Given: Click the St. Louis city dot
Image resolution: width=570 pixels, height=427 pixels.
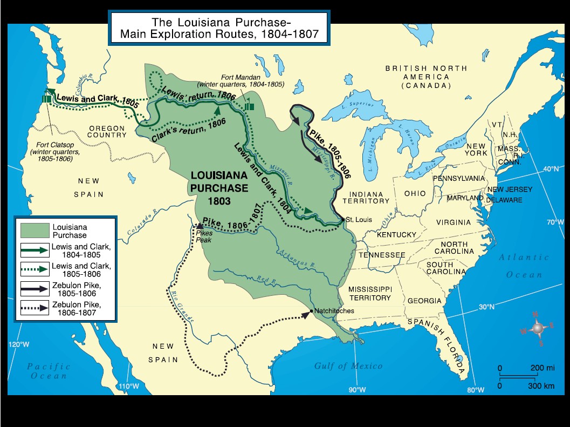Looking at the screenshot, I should [343, 220].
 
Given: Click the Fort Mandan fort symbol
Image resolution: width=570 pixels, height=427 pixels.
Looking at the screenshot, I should [249, 106].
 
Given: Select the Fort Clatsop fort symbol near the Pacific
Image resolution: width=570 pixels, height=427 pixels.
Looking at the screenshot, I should [46, 99].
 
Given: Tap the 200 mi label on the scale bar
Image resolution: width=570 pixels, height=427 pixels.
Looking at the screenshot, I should [542, 368].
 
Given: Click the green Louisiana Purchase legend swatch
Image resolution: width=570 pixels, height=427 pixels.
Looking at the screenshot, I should [35, 231].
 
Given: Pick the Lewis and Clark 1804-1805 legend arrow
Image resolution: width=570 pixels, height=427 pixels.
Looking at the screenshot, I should [35, 250].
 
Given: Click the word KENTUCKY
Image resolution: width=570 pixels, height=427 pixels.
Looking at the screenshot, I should [396, 235].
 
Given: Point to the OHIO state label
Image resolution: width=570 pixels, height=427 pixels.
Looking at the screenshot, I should [415, 193].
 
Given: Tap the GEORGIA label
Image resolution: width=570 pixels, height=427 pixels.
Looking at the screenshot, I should [424, 301].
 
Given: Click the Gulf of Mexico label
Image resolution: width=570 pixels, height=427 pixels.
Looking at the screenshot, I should [348, 366].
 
